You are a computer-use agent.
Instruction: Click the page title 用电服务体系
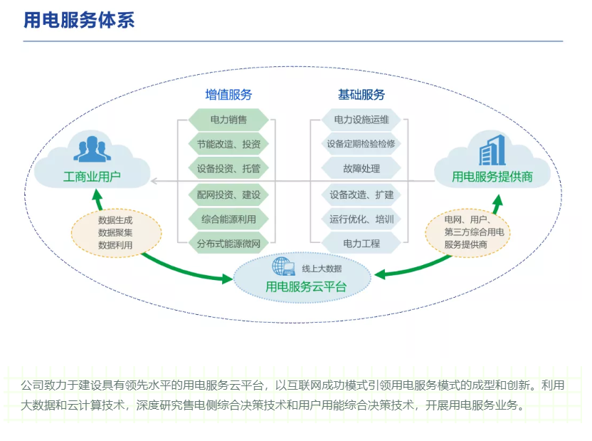tap(79, 20)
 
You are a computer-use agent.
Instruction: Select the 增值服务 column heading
tap(228, 95)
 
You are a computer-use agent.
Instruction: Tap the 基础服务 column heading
tap(361, 95)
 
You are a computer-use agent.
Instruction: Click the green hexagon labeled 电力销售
tap(228, 119)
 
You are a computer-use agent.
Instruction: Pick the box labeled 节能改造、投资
tap(228, 144)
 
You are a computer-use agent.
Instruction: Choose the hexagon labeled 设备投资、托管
tap(228, 169)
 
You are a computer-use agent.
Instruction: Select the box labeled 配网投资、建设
tap(228, 194)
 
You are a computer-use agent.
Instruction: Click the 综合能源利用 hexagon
tap(228, 219)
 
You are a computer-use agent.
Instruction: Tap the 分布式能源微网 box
tap(228, 244)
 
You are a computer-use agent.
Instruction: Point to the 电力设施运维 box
tap(361, 119)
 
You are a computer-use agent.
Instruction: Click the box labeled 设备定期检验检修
tap(361, 144)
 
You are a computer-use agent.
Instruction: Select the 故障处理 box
tap(361, 169)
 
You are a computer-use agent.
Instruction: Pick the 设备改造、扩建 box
tap(361, 194)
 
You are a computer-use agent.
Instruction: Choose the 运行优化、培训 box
tap(361, 219)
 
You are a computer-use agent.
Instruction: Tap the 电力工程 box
tap(361, 244)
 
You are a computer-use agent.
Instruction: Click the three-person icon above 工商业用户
tap(90, 147)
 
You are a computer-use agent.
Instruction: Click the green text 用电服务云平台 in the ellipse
tap(306, 287)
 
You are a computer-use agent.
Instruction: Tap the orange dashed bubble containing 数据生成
tap(115, 232)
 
